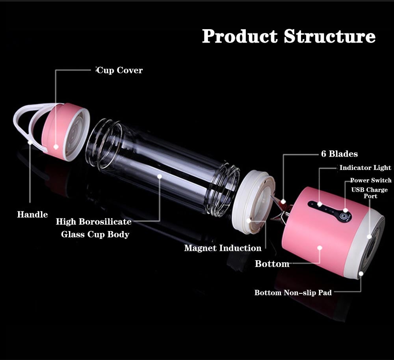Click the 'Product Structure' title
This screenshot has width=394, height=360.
tap(288, 37)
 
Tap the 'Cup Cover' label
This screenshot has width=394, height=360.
tap(120, 71)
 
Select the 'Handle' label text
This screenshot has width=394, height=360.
tap(32, 215)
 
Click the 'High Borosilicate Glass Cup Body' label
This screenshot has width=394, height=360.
tap(94, 228)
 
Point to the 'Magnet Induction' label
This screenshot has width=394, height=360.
tap(223, 248)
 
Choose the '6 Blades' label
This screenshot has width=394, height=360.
tap(339, 154)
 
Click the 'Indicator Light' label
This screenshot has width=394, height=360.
tap(365, 168)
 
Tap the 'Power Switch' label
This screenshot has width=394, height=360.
tap(370, 181)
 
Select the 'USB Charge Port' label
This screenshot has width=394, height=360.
tap(369, 193)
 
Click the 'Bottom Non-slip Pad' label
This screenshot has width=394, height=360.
tap(293, 293)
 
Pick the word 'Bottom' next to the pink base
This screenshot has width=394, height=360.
tap(272, 264)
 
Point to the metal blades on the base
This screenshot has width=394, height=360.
tap(283, 209)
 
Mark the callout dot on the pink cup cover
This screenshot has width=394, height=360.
tap(56, 147)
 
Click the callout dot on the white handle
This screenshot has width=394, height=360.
tap(30, 141)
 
